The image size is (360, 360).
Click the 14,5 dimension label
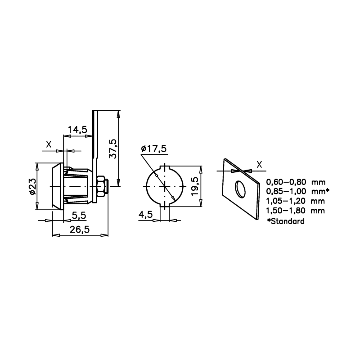click(77, 130)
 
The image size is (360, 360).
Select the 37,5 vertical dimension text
click(113, 149)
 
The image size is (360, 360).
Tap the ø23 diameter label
click(32, 186)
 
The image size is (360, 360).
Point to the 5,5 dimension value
click(79, 216)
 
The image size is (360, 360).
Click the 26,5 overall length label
click(80, 229)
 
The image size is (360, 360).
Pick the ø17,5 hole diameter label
click(153, 149)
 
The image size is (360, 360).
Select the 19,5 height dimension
click(195, 186)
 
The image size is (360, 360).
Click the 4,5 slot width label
click(145, 215)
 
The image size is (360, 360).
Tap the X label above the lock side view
click(49, 144)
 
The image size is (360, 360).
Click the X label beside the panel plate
click(259, 164)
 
